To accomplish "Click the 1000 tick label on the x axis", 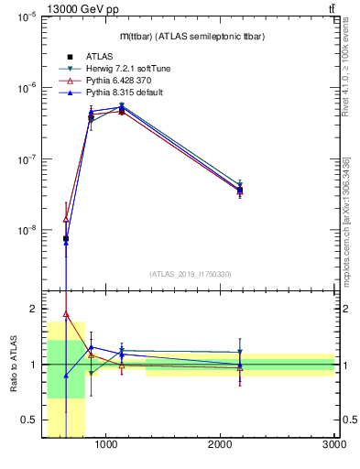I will tap(106, 445).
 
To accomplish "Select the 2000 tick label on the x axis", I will tap(221, 445).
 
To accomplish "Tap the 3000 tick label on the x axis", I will tap(334, 445).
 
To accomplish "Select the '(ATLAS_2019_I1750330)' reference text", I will tap(190, 274).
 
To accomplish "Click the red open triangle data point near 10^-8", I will tap(66, 219).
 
